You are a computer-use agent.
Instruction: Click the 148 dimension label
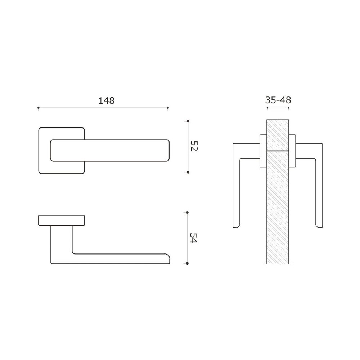pos(106,101)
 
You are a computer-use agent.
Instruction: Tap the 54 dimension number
pos(194,238)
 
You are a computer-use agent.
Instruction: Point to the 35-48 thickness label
pos(278,100)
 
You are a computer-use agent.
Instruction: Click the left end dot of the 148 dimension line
pos(39,108)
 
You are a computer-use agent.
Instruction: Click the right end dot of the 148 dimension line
pos(168,108)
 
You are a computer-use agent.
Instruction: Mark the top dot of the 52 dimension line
pos(188,121)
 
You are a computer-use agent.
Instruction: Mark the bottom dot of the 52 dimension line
pos(188,172)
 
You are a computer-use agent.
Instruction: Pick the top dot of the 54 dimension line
pos(188,212)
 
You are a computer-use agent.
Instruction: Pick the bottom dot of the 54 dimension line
pos(188,264)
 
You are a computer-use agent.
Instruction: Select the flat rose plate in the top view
pos(61,220)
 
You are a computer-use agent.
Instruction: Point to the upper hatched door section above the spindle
pos(278,135)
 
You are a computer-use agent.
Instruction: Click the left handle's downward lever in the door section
pos(236,191)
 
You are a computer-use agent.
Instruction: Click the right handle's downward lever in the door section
pos(319,191)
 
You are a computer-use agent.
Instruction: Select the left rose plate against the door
pos(263,151)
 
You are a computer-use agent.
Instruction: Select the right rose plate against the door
pos(292,151)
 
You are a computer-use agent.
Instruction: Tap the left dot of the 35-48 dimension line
pos(267,108)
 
